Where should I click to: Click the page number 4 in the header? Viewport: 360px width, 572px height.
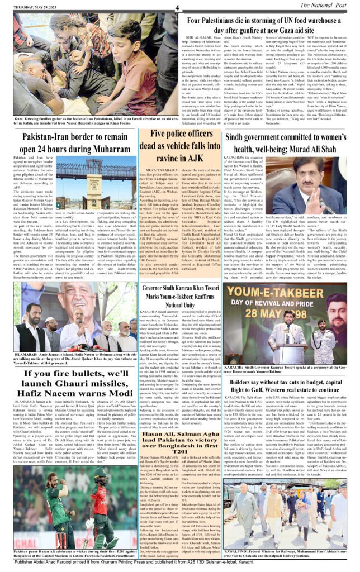click(176, 7)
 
